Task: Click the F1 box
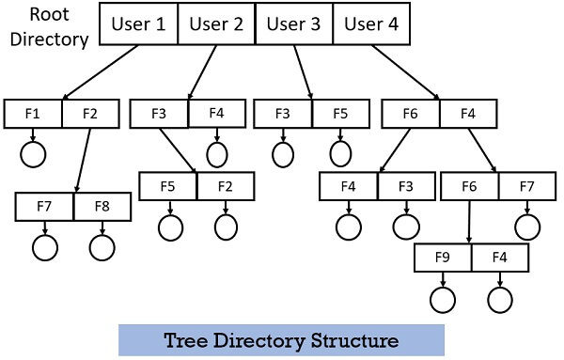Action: [x=33, y=113]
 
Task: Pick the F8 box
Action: [x=102, y=207]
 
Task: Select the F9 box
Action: [x=442, y=256]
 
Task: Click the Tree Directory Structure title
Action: [x=281, y=340]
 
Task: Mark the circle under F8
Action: [x=102, y=246]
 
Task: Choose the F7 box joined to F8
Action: [x=44, y=207]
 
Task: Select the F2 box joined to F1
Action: [x=91, y=113]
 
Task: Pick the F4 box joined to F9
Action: [x=500, y=256]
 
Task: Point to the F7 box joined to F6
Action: [x=526, y=187]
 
